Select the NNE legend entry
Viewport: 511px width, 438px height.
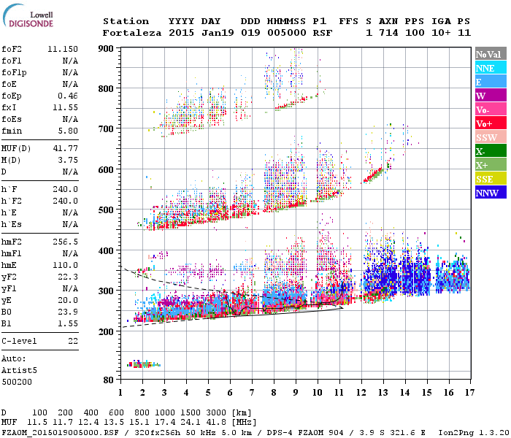click(485, 68)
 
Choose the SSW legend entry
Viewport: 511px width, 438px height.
click(486, 137)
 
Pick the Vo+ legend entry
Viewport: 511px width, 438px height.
click(485, 123)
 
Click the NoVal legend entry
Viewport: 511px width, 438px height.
click(488, 54)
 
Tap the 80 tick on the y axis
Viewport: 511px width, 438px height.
click(108, 380)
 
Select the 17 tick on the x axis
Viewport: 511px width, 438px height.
click(469, 392)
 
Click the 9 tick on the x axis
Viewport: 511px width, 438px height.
click(296, 392)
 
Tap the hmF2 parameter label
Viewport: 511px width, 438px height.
click(12, 241)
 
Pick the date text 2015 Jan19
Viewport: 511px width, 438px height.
click(194, 33)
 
